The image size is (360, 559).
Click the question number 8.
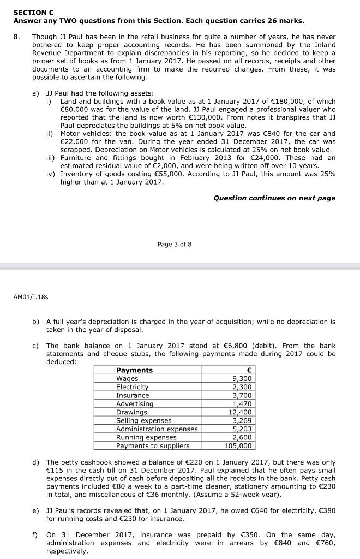[17, 37]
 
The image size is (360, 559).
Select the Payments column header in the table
[134, 370]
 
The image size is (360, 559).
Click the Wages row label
[127, 378]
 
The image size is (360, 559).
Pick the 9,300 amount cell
[242, 378]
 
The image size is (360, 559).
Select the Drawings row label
[131, 412]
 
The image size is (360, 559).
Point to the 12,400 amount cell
[240, 412]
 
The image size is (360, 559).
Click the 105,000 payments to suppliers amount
[239, 445]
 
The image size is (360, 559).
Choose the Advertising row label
[135, 403]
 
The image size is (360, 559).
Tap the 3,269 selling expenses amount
[242, 420]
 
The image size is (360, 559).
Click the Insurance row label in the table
[133, 395]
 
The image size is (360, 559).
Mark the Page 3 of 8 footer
[174, 244]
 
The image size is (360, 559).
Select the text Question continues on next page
[274, 198]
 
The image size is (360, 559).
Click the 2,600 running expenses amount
[242, 437]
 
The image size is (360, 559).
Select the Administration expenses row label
[157, 429]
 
